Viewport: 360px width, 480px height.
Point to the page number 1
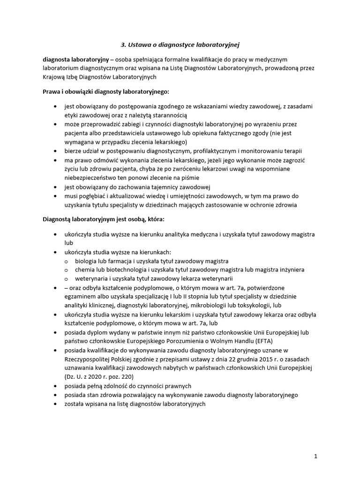[x=316, y=455]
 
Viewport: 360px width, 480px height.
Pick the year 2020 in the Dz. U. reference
[x=92, y=376]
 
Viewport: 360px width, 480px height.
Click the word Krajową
[x=54, y=77]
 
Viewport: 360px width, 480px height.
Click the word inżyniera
[x=291, y=270]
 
